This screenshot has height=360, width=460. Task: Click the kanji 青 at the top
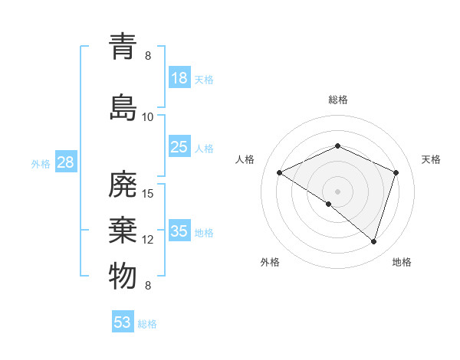coord(123,47)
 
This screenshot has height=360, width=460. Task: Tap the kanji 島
coord(123,107)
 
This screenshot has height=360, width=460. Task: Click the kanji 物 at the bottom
coord(123,277)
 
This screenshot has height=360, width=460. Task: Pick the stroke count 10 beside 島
coord(148,116)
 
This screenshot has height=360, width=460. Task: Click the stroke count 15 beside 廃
coord(149,193)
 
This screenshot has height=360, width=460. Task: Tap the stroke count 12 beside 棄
coord(148,240)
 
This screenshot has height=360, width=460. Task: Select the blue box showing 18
coord(179,78)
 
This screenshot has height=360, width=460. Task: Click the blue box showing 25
coord(179,147)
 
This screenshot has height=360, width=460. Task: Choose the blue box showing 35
coord(179,231)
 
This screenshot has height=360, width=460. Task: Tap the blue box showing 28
coord(65,162)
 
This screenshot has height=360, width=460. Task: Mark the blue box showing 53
coord(123,322)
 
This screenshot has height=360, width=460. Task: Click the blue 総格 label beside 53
coord(147,324)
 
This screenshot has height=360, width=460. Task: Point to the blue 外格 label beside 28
coord(41,163)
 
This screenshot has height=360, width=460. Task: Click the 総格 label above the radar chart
coord(337,100)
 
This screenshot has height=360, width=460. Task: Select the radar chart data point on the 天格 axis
coord(396,172)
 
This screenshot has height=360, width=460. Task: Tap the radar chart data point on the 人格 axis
coord(280,172)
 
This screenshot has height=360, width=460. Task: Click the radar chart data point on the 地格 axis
coord(373,241)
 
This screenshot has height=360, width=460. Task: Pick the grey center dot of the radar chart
coord(337,191)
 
